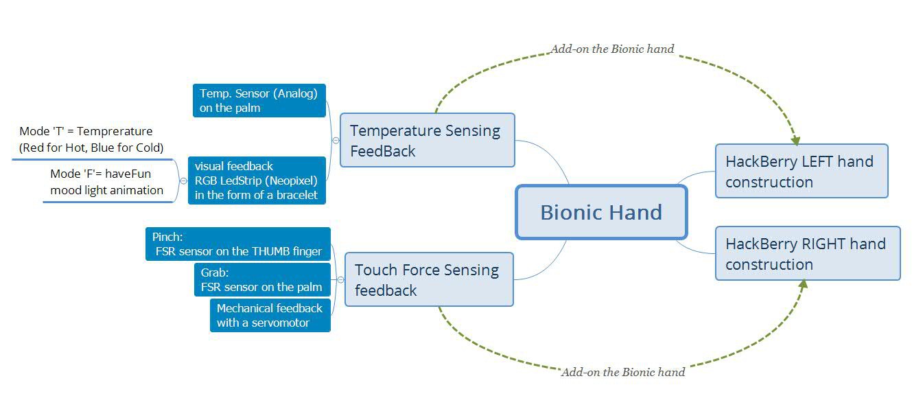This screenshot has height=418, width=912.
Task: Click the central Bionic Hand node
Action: (601, 212)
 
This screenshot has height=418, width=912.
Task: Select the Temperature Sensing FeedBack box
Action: (427, 140)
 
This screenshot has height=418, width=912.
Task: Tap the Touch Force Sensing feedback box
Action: (428, 279)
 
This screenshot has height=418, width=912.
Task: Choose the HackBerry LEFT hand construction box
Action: (802, 171)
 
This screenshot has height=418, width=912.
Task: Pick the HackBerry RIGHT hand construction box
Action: (807, 253)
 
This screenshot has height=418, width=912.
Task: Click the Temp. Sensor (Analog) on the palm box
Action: (259, 100)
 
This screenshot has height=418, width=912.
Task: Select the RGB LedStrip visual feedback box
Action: (255, 180)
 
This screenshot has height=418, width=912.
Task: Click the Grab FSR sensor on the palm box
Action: (262, 279)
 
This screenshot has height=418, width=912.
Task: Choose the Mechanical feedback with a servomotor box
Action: (270, 315)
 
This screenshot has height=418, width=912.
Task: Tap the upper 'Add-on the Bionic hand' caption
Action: (612, 49)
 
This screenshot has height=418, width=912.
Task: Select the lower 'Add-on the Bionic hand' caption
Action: (622, 372)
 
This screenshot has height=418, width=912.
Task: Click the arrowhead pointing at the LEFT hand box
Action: (795, 140)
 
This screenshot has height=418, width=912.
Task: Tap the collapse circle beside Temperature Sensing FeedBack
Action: (336, 140)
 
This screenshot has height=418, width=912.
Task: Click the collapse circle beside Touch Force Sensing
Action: (340, 279)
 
